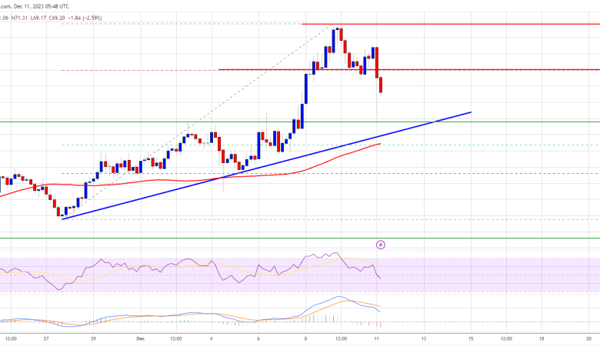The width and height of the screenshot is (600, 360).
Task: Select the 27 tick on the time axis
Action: click(x=48, y=337)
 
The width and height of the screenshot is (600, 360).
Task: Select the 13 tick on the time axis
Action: click(x=422, y=337)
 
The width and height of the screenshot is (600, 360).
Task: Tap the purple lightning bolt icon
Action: click(x=381, y=245)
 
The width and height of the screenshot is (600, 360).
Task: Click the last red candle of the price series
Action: click(x=381, y=85)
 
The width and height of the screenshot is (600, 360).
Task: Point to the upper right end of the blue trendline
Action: click(x=470, y=112)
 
